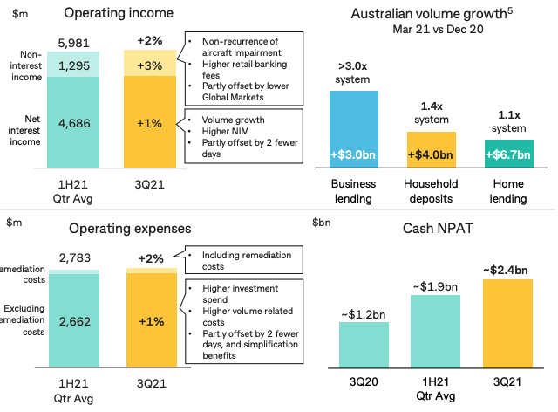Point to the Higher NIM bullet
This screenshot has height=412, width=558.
225,130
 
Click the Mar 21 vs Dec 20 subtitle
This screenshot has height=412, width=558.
418,30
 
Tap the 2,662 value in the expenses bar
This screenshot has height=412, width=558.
74,319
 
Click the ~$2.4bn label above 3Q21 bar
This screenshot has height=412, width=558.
506,268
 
